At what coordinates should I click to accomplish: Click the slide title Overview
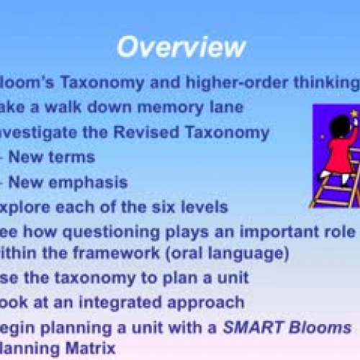[181, 47]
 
